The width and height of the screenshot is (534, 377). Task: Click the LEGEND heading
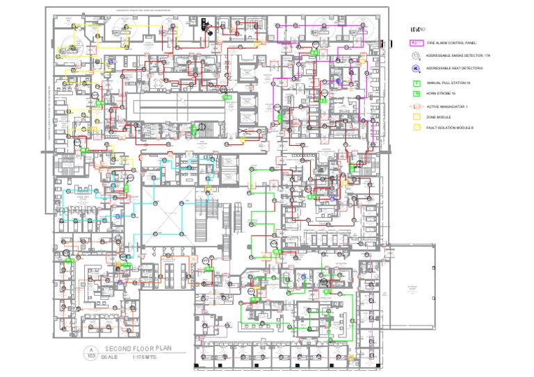417,28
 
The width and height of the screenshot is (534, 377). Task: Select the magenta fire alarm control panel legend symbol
415,43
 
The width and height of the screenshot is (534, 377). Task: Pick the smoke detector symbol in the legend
415,55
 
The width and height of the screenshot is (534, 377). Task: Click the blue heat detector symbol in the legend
415,68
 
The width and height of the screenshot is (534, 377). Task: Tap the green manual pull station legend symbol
415,83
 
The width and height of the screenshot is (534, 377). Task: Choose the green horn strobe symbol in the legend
415,92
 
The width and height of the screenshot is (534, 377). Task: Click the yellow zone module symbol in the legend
415,117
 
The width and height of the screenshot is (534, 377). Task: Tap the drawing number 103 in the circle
90,355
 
